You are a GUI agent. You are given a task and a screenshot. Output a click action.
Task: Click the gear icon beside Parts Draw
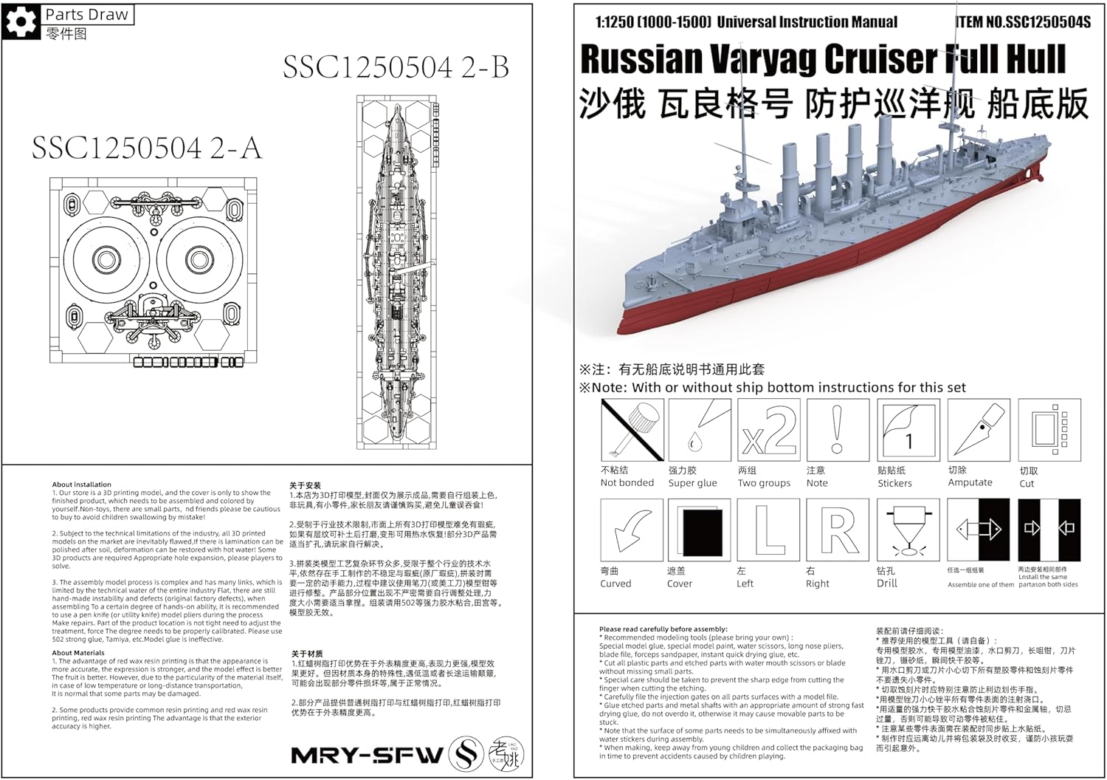coord(21,21)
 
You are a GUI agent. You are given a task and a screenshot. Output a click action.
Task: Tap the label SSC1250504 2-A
coord(146,148)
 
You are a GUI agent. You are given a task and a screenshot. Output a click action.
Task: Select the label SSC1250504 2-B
coord(396,68)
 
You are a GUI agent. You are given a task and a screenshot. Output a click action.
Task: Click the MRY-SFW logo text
coord(368,755)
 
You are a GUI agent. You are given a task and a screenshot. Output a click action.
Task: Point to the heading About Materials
coord(78,653)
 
